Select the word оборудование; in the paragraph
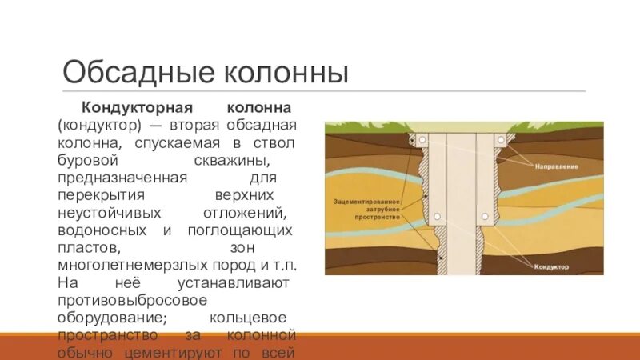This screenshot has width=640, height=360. (111, 318)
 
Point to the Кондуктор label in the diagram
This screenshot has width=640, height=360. (551, 267)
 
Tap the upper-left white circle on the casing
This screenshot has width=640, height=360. (421, 139)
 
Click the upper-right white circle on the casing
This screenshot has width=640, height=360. (500, 139)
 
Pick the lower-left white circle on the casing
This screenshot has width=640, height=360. (437, 217)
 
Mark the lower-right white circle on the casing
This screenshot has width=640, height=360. (484, 217)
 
